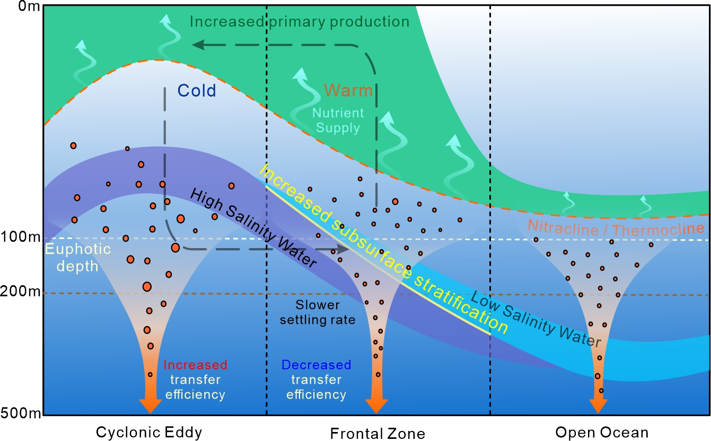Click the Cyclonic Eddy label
pos(149,433)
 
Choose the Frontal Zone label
pos(378,434)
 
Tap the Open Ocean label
pos(602,433)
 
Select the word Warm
pos(348,90)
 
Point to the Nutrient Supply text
pos(338,120)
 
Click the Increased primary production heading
pos(300,22)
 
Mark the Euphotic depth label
pos(71,257)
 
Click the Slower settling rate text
pos(318,312)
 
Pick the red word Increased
pos(195,365)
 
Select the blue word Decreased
pos(316,365)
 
